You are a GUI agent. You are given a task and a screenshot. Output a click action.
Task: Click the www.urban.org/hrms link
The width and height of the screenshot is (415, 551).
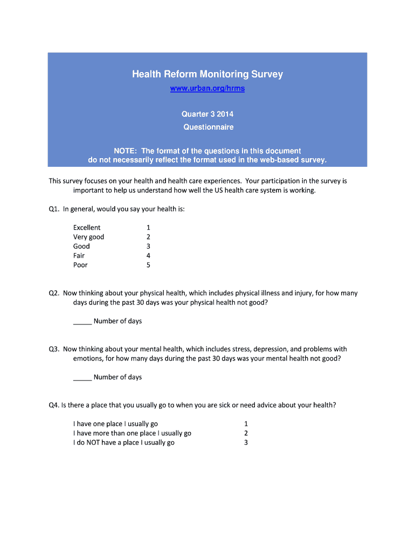pyautogui.click(x=207, y=89)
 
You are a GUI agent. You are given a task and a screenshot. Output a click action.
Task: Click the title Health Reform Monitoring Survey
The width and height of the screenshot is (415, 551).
pyautogui.click(x=207, y=74)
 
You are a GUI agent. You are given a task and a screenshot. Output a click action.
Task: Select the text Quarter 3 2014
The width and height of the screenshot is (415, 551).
pyautogui.click(x=207, y=115)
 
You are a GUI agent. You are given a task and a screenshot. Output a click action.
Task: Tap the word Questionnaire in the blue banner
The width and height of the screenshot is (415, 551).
pyautogui.click(x=207, y=128)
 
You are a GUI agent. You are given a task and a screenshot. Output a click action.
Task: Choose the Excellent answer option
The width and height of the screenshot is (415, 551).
pyautogui.click(x=87, y=228)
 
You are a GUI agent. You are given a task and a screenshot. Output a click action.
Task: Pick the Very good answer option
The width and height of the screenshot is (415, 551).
pyautogui.click(x=89, y=237)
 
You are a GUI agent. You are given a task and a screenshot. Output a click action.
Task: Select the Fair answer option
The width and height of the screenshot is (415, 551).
pyautogui.click(x=79, y=256)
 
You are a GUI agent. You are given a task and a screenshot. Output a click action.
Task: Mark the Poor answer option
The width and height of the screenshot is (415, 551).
pyautogui.click(x=80, y=265)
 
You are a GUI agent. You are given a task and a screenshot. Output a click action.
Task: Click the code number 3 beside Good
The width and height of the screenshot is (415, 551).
pyautogui.click(x=148, y=246)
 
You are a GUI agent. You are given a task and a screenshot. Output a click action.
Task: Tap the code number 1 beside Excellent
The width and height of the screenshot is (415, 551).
pyautogui.click(x=148, y=228)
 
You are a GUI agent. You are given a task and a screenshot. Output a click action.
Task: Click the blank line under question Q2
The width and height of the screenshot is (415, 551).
pyautogui.click(x=82, y=323)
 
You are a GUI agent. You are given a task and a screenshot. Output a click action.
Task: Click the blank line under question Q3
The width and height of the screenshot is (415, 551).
pyautogui.click(x=82, y=379)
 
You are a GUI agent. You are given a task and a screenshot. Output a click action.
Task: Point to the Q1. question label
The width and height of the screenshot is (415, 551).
pyautogui.click(x=54, y=209)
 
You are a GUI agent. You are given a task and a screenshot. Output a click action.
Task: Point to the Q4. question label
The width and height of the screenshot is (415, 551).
pyautogui.click(x=54, y=405)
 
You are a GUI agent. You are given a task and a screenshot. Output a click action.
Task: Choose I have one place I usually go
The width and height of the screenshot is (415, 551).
pyautogui.click(x=115, y=424)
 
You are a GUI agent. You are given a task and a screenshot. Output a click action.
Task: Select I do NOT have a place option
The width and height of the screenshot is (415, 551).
pyautogui.click(x=124, y=443)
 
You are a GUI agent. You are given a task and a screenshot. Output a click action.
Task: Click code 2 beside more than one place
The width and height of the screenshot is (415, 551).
pyautogui.click(x=246, y=433)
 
